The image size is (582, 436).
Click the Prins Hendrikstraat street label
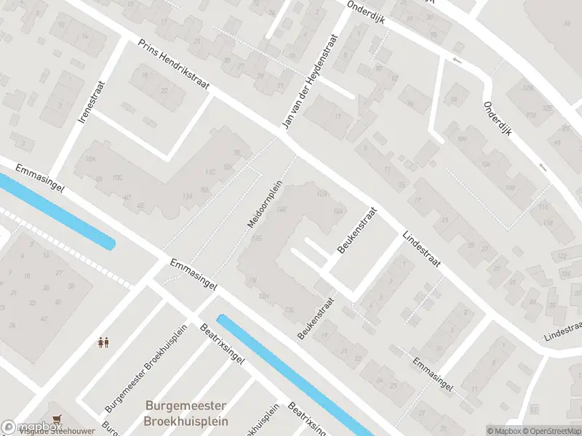(x=174, y=65)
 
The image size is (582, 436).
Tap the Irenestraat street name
(x=93, y=101)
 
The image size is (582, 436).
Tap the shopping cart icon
(x=57, y=419)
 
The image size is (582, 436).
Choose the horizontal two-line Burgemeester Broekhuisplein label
(x=186, y=413)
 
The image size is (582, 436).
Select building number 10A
(x=90, y=158)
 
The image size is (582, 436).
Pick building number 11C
(x=210, y=172)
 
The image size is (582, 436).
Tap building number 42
(x=44, y=318)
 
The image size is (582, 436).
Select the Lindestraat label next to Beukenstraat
(x=422, y=250)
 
